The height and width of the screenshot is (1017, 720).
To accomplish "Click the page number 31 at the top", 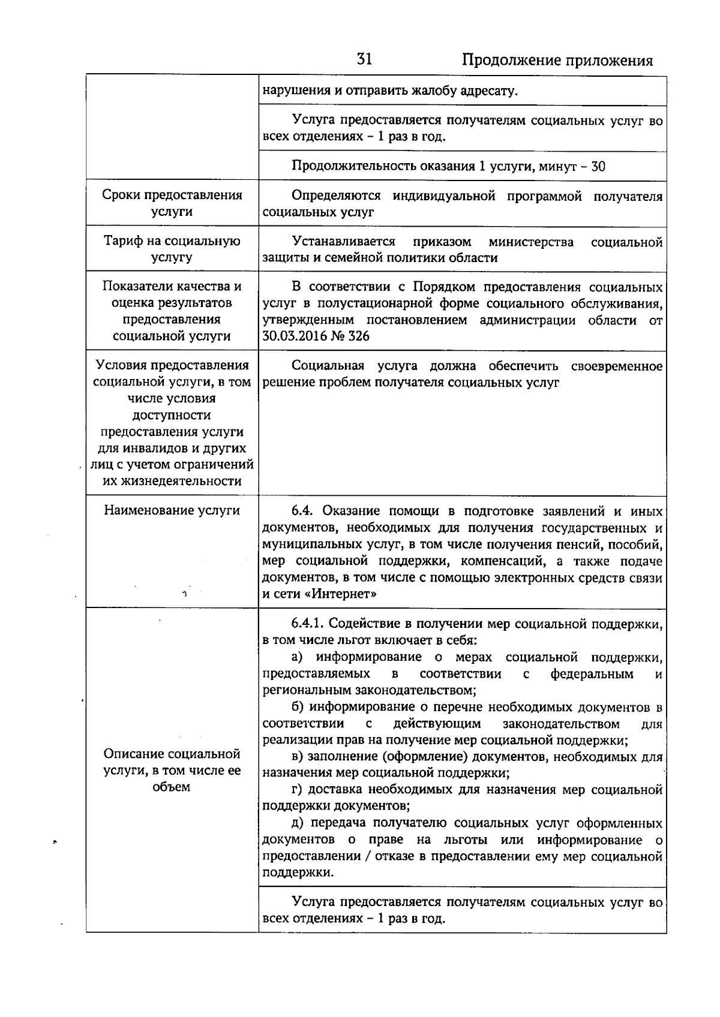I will point(364,59).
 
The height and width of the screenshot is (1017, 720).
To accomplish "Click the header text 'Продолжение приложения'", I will point(557,61).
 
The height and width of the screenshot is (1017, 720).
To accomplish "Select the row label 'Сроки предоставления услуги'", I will point(172,203).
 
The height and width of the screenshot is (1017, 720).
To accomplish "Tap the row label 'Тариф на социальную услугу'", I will point(172,249).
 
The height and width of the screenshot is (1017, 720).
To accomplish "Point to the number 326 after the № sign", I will point(359,336).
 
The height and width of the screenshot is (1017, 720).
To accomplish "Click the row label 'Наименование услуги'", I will point(172,510).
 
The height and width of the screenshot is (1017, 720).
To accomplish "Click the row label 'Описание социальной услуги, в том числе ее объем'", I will point(172,770).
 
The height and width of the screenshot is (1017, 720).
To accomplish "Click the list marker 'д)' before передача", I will point(299,823).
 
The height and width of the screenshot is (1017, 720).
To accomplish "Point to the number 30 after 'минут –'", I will point(598,166).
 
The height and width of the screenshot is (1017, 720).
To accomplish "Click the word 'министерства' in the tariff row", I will point(531,242).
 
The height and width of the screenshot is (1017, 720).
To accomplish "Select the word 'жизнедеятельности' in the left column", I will point(172,481).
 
